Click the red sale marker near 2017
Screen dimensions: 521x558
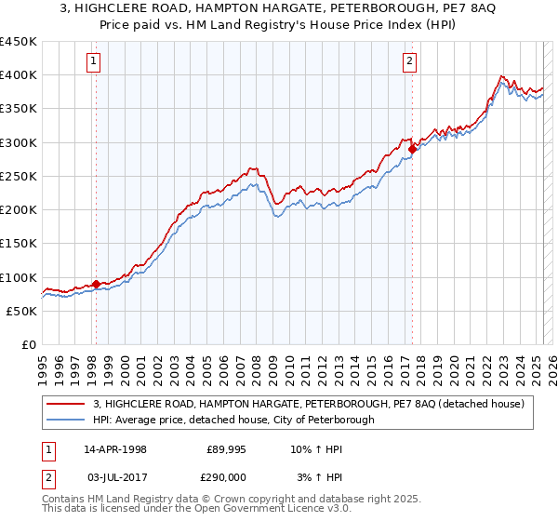pos(412,148)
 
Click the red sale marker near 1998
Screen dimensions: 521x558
pos(96,284)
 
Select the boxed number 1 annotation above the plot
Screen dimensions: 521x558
pos(95,62)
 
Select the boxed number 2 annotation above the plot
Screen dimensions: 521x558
pos(410,62)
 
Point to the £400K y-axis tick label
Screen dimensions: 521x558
pos(19,75)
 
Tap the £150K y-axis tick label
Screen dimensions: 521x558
pos(19,244)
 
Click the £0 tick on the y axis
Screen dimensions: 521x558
pos(28,345)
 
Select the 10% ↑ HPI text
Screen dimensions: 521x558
pos(315,449)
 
